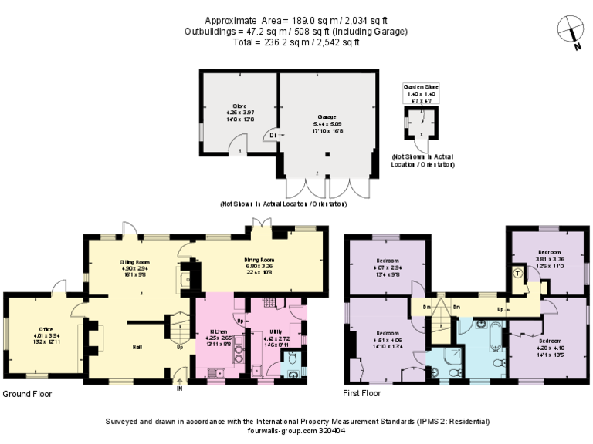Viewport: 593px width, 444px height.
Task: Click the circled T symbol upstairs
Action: coord(517,274)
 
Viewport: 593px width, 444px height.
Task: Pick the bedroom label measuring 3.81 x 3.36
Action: coord(549,257)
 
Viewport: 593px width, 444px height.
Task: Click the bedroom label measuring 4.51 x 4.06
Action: coord(379,339)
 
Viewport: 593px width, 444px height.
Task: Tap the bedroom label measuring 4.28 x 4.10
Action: coord(550,346)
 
